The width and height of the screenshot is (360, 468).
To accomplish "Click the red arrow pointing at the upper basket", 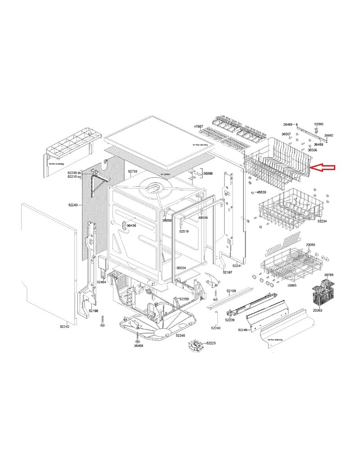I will click(324, 168).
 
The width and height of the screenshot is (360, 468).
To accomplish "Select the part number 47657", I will click(198, 126).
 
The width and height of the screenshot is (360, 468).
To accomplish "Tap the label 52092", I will click(319, 124).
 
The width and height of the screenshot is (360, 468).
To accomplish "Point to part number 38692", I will click(329, 135).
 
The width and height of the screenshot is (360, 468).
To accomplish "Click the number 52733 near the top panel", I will click(132, 171).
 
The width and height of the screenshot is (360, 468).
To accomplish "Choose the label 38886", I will click(208, 173).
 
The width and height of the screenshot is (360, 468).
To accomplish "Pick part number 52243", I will click(73, 205).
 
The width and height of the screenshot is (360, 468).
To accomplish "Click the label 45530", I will click(262, 192).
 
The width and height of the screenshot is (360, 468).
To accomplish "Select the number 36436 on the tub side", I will click(131, 225).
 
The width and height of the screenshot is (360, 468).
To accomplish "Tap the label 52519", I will click(184, 231).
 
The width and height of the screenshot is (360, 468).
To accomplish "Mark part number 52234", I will click(322, 221).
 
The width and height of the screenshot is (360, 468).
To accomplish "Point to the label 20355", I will click(311, 245).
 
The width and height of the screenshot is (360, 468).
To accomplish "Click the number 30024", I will click(181, 268).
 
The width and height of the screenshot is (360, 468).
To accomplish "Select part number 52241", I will click(237, 266).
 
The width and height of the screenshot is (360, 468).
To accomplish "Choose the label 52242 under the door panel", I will click(64, 327).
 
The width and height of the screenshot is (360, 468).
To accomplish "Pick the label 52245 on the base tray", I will click(181, 336).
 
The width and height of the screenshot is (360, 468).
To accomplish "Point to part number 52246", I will click(243, 330).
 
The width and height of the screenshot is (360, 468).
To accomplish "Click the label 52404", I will click(102, 282).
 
